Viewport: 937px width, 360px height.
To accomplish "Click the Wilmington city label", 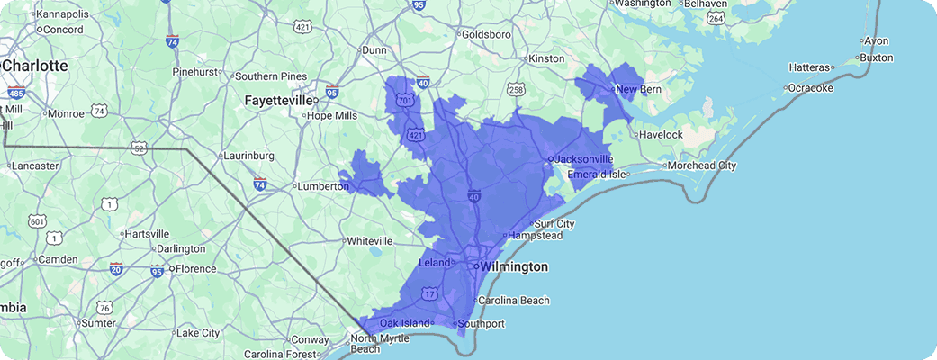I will click(x=514, y=267).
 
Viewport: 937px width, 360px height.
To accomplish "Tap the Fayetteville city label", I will click(x=278, y=102).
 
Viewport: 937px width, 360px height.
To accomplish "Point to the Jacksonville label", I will click(x=583, y=159).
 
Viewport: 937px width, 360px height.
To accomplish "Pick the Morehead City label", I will click(x=703, y=166).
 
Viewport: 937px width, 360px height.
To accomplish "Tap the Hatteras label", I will click(x=809, y=67).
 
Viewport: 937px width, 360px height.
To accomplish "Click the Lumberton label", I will click(x=322, y=186).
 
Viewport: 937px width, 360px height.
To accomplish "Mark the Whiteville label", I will click(x=369, y=241).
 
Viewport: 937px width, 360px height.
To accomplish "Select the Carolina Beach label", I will click(x=513, y=301).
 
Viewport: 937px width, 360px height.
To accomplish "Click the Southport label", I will click(x=481, y=324).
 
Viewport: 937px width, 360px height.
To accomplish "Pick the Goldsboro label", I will click(x=486, y=35).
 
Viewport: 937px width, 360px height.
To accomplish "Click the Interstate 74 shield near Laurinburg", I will click(x=259, y=183).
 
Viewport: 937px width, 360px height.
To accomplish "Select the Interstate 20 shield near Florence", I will click(x=116, y=268).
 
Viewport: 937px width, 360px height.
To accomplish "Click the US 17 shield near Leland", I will click(x=430, y=293).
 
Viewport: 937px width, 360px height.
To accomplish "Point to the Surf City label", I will click(x=554, y=224).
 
